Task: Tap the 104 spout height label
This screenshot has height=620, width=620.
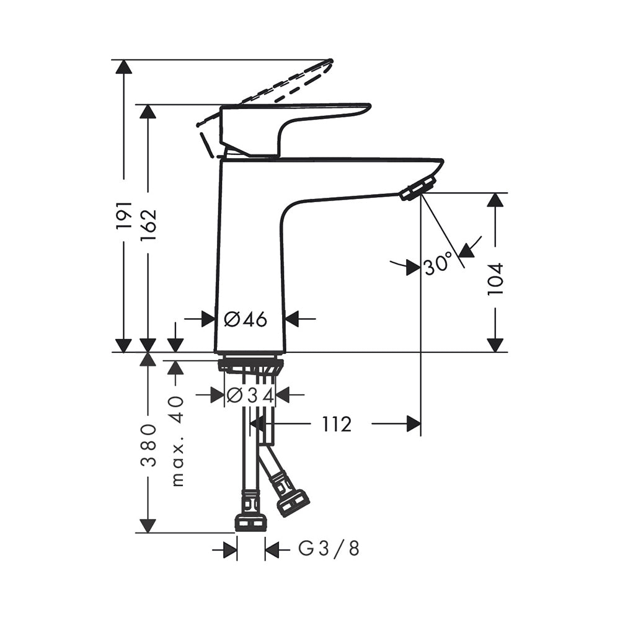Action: (x=495, y=278)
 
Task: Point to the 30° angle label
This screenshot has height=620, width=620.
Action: (x=438, y=263)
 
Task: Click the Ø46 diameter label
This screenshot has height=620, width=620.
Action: (x=246, y=319)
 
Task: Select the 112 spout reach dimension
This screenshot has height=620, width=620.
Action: (x=337, y=424)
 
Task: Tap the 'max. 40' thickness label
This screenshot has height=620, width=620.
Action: (x=178, y=440)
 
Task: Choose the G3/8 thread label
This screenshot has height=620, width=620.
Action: (x=329, y=549)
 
